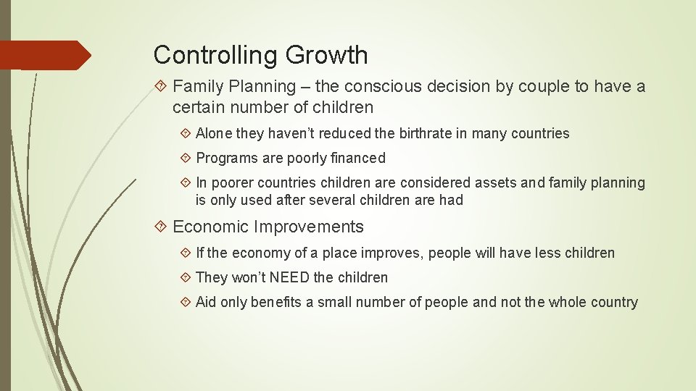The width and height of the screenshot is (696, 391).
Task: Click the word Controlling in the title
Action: tap(216, 55)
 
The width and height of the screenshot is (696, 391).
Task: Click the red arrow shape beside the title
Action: tap(45, 55)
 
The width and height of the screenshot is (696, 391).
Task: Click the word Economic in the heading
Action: tap(211, 227)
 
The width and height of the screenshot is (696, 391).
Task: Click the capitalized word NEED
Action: tap(290, 277)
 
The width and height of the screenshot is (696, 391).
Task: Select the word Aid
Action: tap(206, 302)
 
